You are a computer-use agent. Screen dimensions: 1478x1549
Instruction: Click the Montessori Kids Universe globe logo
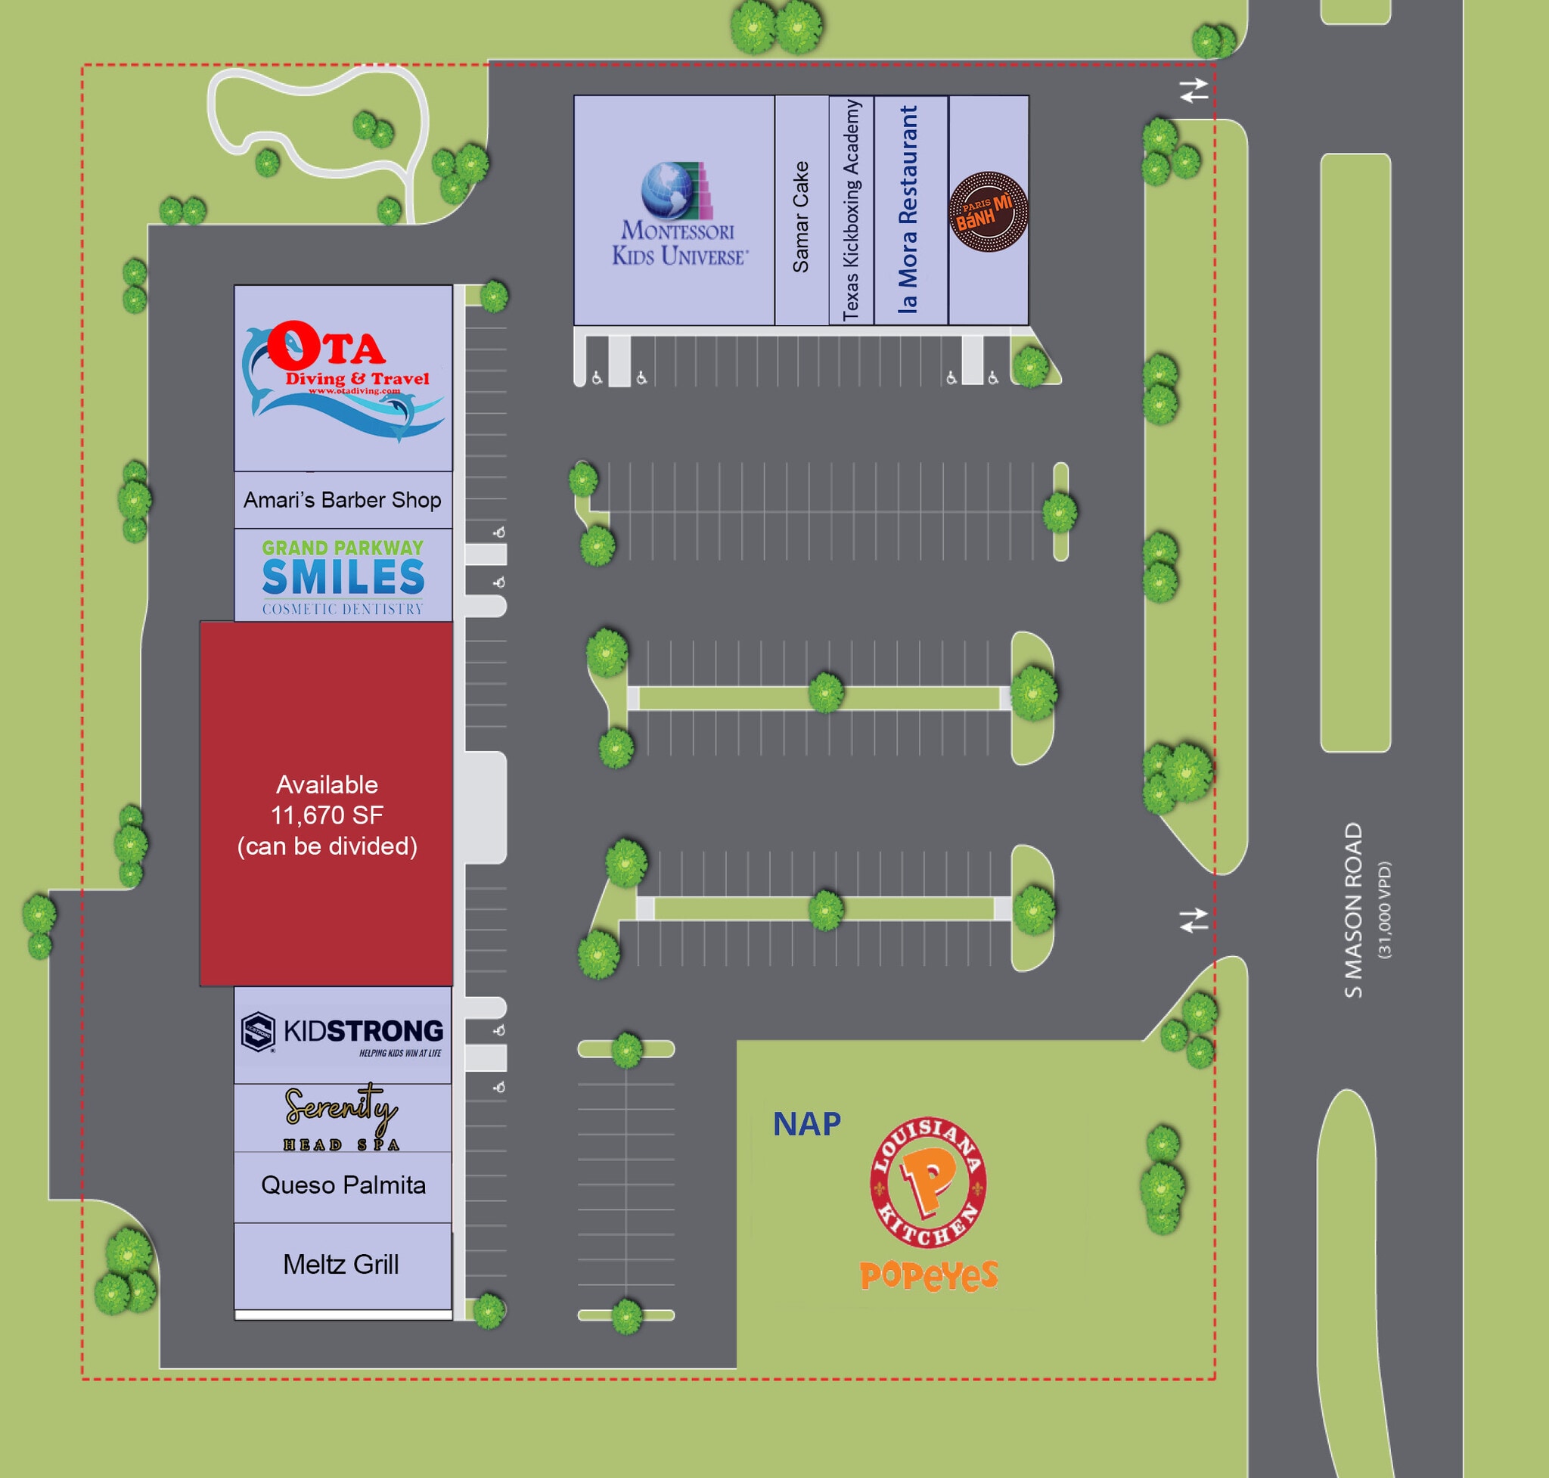676,191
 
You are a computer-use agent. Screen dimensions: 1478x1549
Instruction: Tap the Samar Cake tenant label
800,216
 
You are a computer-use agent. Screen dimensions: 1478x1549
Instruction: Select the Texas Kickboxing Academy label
851,210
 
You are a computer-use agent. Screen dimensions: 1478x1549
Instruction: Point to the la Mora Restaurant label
908,210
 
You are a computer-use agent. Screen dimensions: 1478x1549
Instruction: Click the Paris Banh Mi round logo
988,212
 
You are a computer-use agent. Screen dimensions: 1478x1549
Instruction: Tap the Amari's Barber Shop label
342,499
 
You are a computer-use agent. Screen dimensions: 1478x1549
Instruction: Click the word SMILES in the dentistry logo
343,577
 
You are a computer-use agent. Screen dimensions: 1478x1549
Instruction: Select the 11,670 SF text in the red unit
326,815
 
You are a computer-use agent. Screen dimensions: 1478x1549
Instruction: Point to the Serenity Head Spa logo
342,1116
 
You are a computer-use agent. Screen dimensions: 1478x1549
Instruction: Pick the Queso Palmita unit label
343,1185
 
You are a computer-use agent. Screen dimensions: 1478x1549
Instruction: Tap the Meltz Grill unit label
341,1265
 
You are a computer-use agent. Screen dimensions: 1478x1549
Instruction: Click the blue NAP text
807,1124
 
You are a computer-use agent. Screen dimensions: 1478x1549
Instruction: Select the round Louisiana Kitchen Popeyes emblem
928,1181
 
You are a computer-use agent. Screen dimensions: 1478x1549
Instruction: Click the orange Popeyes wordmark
928,1275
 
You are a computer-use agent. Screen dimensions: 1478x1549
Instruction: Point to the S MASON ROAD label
1353,910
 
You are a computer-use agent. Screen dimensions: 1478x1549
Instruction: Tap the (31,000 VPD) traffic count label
1384,910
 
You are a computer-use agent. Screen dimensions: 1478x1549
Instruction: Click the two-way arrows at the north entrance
1194,91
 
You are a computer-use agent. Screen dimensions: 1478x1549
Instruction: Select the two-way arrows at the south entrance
1193,920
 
